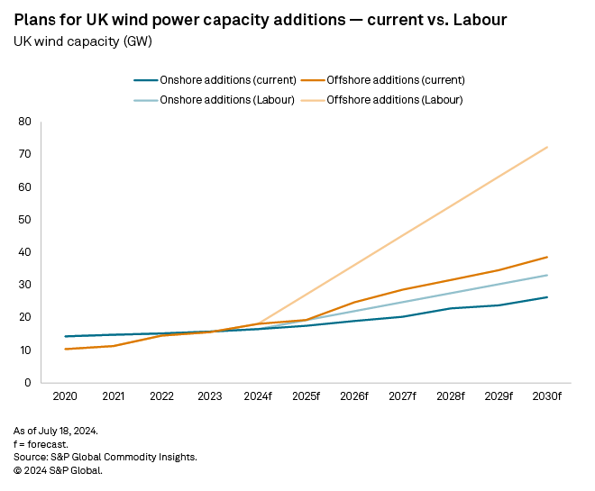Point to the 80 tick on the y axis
click(25, 122)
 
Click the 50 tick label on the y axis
click(25, 220)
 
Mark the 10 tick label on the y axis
click(25, 350)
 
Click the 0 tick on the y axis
click(28, 383)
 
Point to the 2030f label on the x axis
click(547, 397)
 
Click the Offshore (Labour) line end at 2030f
click(547, 147)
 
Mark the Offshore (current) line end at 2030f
click(547, 257)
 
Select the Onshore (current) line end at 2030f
click(547, 297)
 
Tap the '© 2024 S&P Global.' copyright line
click(58, 469)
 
